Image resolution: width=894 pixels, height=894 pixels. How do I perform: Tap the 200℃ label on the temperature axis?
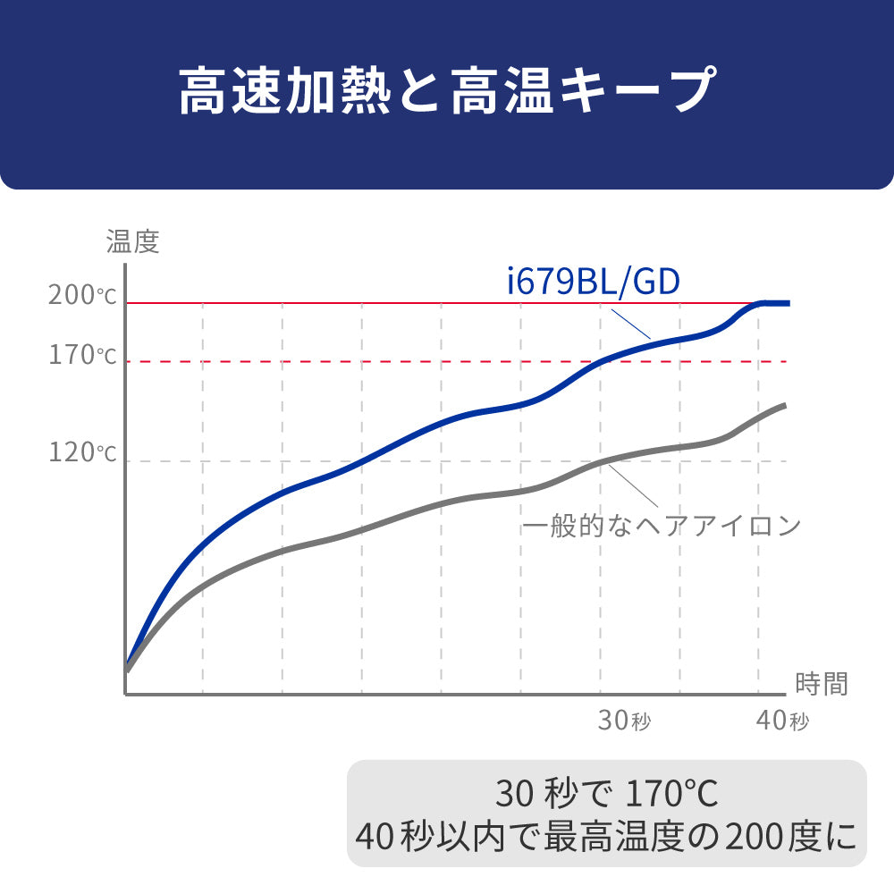coord(82,296)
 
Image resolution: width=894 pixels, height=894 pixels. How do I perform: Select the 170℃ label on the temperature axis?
coord(82,356)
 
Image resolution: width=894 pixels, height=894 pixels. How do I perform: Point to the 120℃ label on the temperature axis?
coord(82,453)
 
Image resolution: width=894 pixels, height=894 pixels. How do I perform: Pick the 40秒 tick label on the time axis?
coord(780,721)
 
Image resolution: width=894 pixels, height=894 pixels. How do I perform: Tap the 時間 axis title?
coord(821,685)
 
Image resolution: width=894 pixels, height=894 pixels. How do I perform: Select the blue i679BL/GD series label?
coord(593,283)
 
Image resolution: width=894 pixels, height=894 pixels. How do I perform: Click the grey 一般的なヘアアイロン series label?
coord(662,526)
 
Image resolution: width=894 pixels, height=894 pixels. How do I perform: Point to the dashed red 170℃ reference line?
coord(358,361)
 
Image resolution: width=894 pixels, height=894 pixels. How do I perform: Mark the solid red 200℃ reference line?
coord(358,303)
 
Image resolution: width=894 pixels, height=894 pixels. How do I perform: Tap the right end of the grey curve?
coord(783,406)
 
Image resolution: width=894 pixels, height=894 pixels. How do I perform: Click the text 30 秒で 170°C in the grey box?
coord(606,793)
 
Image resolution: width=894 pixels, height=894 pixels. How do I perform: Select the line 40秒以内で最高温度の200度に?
coord(606,838)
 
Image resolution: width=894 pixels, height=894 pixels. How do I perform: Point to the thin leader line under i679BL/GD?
coord(632,324)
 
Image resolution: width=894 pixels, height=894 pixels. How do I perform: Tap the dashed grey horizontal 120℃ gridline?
coord(358,461)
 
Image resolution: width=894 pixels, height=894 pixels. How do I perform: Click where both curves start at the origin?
coord(129,667)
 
